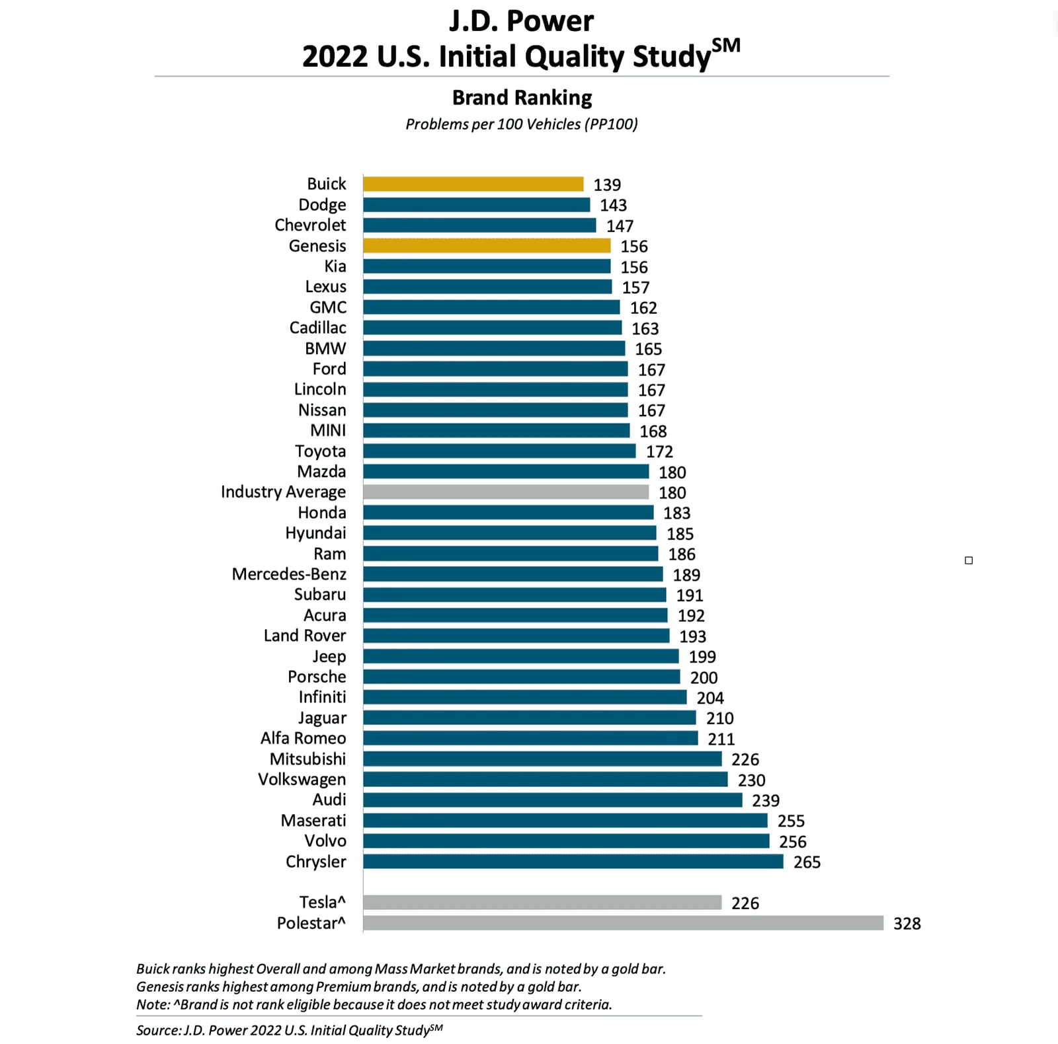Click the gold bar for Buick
[x=473, y=184]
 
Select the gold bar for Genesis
[x=487, y=246]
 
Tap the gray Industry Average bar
[x=506, y=492]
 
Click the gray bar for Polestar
[x=624, y=923]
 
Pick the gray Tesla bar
[x=542, y=903]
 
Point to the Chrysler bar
[x=573, y=862]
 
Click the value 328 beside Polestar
[x=907, y=924]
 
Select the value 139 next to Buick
[x=607, y=185]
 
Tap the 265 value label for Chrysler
[x=807, y=862]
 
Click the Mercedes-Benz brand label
[x=289, y=574]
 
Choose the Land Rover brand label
[x=305, y=636]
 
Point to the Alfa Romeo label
[x=304, y=738]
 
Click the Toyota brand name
[x=321, y=451]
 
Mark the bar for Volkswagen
[x=546, y=780]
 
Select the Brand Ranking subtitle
[x=522, y=98]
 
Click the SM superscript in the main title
[x=726, y=46]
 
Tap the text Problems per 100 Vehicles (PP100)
[x=522, y=124]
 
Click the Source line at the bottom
[x=290, y=1029]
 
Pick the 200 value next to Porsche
[x=704, y=678]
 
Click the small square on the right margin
[x=969, y=560]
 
